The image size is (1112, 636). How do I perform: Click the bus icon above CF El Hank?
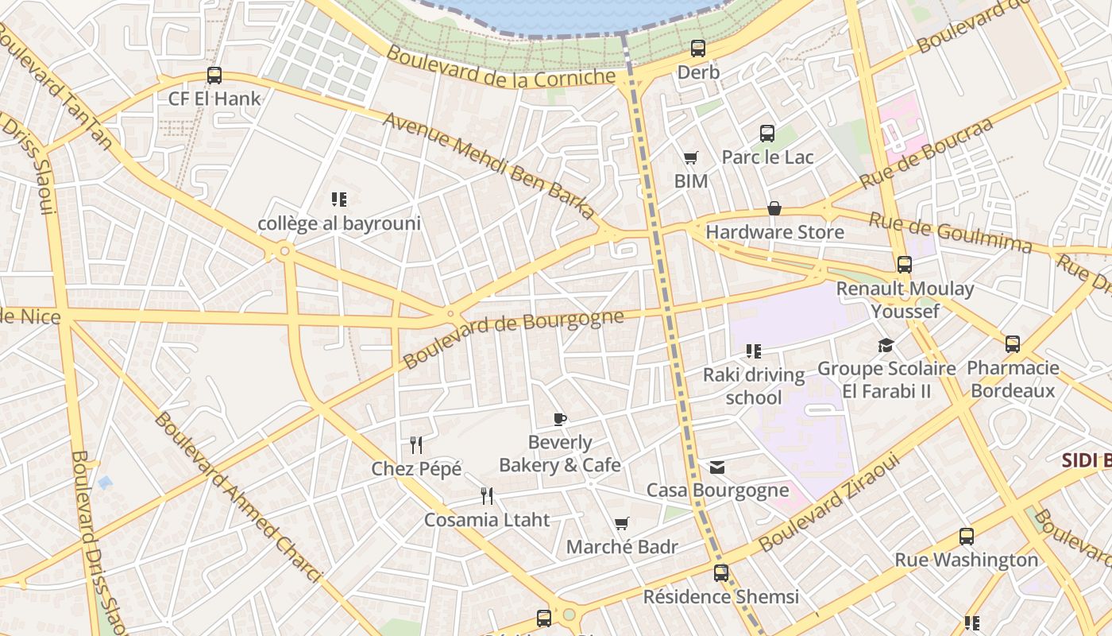[214, 76]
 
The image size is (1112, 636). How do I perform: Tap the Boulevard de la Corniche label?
[501, 66]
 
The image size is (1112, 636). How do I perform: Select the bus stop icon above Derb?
[698, 48]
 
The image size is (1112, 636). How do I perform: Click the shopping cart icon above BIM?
[690, 158]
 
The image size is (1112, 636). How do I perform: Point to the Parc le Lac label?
[767, 157]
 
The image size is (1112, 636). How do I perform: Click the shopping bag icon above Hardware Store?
[774, 209]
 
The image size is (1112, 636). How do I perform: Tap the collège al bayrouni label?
[339, 223]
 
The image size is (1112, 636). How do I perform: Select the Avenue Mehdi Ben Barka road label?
[488, 165]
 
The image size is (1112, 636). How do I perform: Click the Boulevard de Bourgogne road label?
[513, 339]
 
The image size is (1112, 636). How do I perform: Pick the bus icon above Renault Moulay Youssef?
[905, 265]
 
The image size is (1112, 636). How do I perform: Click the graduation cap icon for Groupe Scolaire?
[886, 345]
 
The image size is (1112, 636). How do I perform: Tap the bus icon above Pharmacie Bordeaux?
[1013, 344]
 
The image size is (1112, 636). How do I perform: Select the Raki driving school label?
[754, 386]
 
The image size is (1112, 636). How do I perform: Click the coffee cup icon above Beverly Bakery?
[560, 419]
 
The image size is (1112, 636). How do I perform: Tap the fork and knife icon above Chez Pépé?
[416, 444]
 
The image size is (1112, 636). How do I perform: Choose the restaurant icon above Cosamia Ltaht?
[487, 496]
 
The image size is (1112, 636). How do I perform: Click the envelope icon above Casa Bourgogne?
[717, 467]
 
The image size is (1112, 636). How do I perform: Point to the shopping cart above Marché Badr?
[622, 523]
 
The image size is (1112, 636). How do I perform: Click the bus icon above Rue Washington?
[967, 537]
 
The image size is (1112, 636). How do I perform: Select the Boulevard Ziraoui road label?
[829, 502]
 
